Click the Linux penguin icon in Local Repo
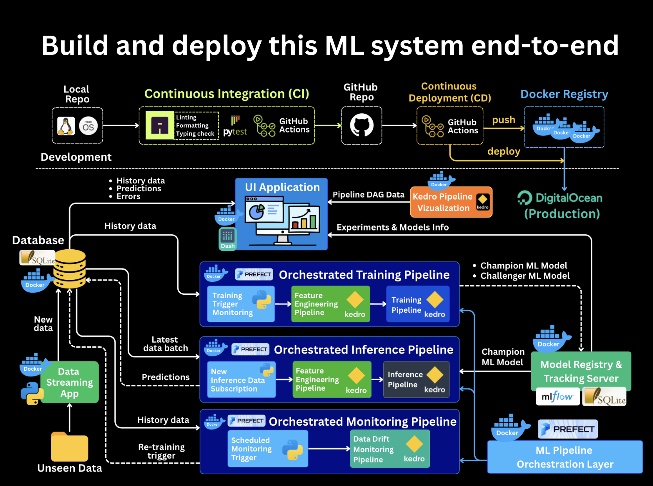point(66,126)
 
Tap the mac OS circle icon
point(88,126)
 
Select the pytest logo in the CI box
point(235,126)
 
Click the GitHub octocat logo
point(361,125)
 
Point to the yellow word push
point(503,120)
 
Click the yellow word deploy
point(504,151)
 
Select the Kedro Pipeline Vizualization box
point(451,202)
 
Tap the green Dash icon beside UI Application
point(227,239)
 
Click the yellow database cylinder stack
point(69,269)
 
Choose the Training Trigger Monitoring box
point(241,304)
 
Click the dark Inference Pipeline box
point(416,379)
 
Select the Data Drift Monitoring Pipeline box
point(390,449)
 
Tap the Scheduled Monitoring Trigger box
point(268,448)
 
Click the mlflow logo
point(557,397)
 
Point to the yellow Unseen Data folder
point(69,447)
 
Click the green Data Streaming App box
point(69,382)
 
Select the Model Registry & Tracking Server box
point(581,371)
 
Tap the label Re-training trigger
point(162,451)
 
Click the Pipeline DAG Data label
point(368,194)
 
